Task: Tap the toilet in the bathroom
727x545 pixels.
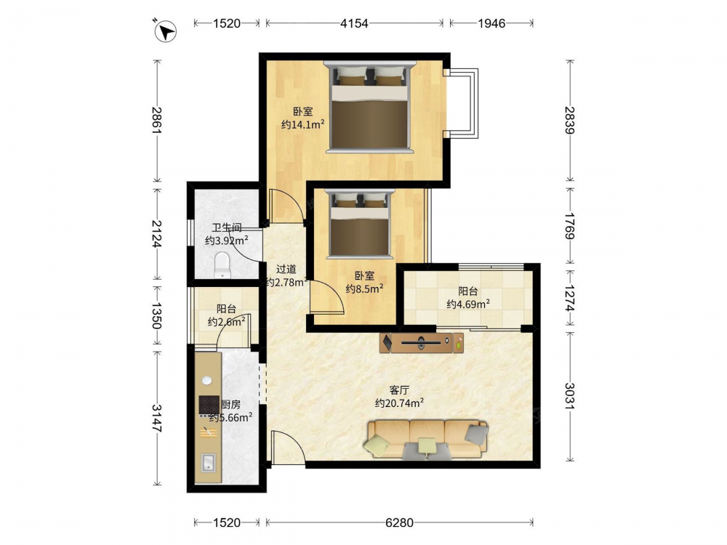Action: click(x=222, y=265)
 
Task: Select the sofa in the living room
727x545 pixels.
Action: click(x=427, y=440)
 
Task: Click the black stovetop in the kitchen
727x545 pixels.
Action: click(x=209, y=405)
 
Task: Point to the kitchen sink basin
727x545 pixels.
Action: click(x=208, y=463)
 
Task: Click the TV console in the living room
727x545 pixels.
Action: click(x=422, y=343)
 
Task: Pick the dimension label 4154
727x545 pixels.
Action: click(x=354, y=23)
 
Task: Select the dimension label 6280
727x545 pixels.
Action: click(x=399, y=522)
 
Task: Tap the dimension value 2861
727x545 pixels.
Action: click(x=157, y=121)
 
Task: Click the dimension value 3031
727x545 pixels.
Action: click(x=569, y=396)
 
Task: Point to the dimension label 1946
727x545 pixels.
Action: click(x=491, y=23)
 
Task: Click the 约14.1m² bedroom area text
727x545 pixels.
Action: click(x=302, y=125)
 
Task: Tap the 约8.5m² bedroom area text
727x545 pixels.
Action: click(x=364, y=288)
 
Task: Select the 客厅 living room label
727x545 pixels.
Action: click(x=398, y=390)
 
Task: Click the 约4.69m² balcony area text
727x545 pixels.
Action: click(x=468, y=304)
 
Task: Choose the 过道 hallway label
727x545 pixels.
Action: click(x=286, y=270)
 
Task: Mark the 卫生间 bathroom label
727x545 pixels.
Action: click(x=227, y=227)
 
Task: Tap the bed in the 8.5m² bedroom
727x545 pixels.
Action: click(x=360, y=224)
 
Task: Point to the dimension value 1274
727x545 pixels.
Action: click(x=569, y=298)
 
